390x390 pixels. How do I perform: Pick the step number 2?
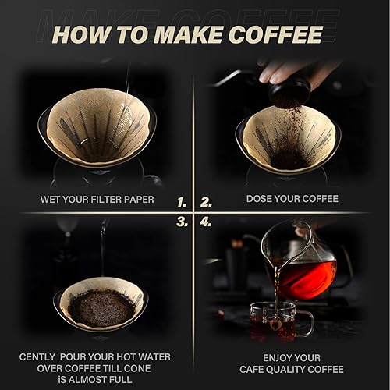[206, 201]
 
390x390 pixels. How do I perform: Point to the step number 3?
[182, 222]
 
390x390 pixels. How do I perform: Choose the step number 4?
[206, 222]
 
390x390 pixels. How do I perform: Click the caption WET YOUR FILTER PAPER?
[97, 200]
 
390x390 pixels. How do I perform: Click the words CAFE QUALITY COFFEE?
[300, 369]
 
